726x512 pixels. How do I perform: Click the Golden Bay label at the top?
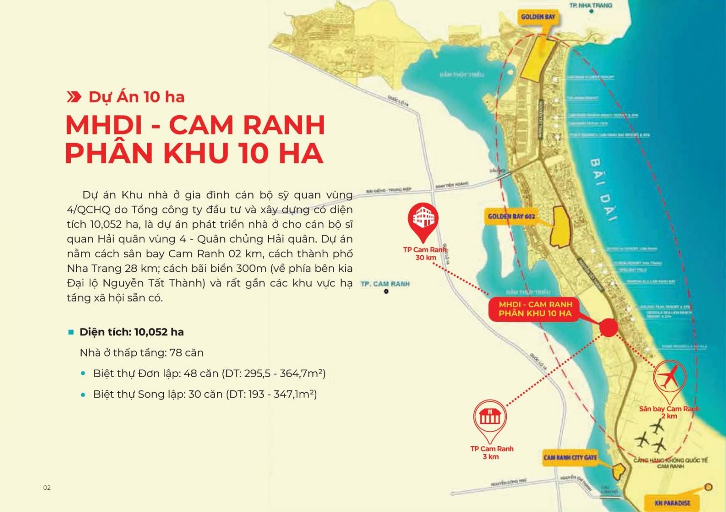click(538, 17)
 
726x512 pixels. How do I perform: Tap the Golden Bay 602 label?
click(511, 217)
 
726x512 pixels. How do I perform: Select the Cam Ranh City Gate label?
click(570, 458)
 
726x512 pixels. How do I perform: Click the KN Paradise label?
click(672, 503)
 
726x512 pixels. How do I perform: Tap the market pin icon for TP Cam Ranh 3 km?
click(490, 416)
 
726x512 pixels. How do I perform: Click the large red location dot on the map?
click(608, 327)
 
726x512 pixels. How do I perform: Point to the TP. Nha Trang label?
click(591, 5)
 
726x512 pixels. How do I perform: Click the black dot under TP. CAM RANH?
click(386, 291)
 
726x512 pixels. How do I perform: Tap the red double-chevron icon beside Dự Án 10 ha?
click(74, 97)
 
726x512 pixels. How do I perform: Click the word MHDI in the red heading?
click(104, 125)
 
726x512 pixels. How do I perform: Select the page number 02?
click(47, 488)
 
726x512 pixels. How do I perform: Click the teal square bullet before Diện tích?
click(71, 332)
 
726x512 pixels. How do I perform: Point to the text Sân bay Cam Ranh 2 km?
click(669, 412)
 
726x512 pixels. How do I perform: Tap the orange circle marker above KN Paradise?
click(709, 487)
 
